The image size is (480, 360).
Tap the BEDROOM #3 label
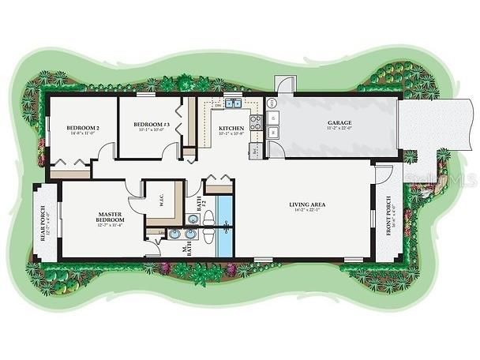click(152, 125)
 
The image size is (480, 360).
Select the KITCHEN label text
click(231, 127)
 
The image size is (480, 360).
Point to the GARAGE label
click(339, 123)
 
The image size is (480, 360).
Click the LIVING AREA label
click(307, 204)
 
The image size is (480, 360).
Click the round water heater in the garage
click(272, 103)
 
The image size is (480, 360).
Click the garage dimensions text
click(339, 130)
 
